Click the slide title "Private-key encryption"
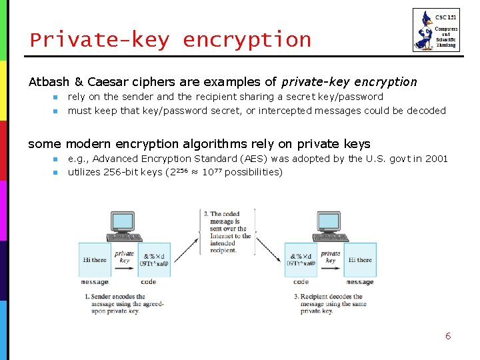(x=171, y=40)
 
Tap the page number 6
(x=448, y=336)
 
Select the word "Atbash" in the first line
(x=50, y=82)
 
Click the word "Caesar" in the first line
(x=107, y=82)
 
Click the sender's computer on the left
(x=124, y=227)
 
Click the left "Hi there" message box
(x=95, y=260)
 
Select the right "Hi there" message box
(x=360, y=260)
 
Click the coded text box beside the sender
(x=153, y=260)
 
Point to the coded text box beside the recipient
(x=301, y=260)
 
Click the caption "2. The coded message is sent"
(x=227, y=232)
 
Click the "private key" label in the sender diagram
(x=124, y=257)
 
